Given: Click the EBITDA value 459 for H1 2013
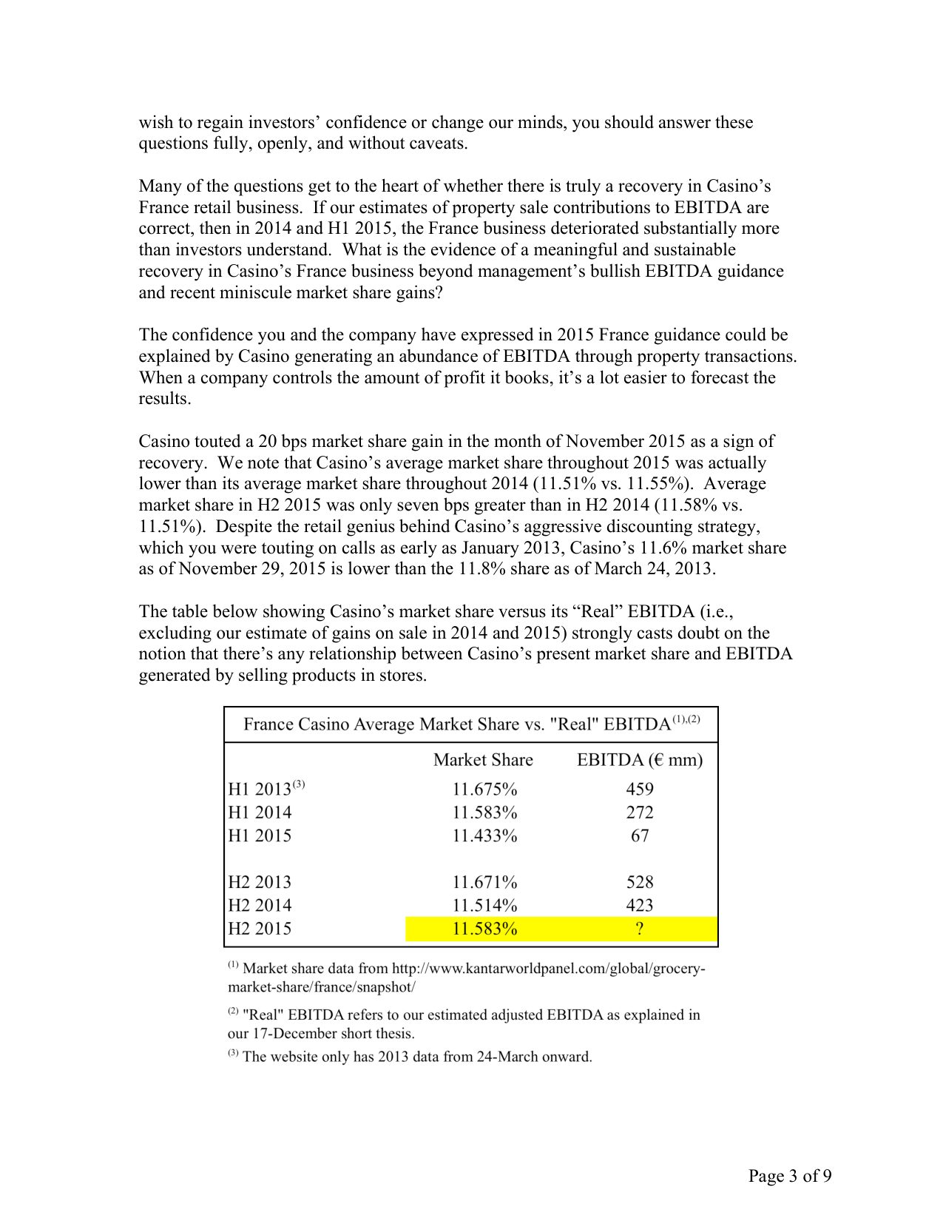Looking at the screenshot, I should tap(639, 789).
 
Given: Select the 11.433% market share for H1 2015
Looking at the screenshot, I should tap(484, 835).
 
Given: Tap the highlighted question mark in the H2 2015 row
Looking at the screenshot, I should tap(639, 929).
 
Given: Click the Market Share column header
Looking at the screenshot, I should tap(483, 760).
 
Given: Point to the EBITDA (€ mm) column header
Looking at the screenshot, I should tap(640, 760).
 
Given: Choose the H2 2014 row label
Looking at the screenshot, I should tap(260, 905).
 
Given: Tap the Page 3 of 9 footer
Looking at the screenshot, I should tap(789, 1176).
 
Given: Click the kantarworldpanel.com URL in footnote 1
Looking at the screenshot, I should tap(548, 969).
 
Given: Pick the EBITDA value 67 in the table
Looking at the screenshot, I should tap(639, 835).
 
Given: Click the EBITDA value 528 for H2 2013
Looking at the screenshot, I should tap(639, 882).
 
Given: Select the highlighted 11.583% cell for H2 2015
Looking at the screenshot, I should tap(484, 929).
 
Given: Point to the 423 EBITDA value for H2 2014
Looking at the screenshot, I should tap(639, 905).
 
